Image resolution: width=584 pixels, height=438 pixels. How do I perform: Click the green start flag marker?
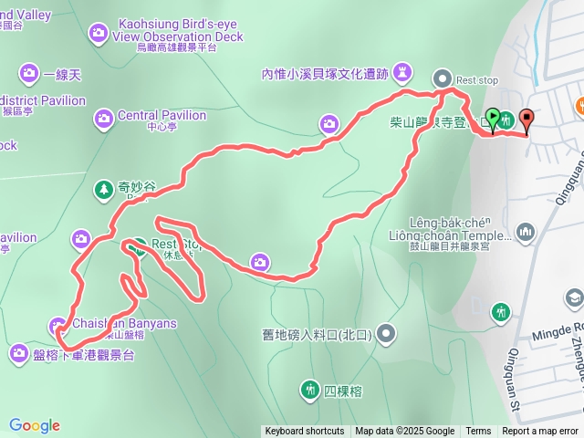pos(494,118)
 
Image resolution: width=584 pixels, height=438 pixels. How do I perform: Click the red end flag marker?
pos(527,118)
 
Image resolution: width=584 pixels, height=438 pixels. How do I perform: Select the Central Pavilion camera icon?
pos(103,117)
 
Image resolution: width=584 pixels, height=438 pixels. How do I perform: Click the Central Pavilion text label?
pos(162,116)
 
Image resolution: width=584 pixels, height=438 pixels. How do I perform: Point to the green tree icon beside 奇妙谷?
pos(102,189)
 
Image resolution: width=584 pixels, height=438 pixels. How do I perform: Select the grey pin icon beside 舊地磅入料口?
pos(387,334)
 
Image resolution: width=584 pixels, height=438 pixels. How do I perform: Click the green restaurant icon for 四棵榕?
pos(309,391)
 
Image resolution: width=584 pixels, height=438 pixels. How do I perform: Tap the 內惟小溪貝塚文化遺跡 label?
pos(325,74)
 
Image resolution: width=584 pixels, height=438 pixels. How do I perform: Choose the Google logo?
pos(34,425)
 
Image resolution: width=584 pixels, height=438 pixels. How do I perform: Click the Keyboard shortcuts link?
pos(305,432)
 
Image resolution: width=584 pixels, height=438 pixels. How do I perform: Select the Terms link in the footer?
pos(478,432)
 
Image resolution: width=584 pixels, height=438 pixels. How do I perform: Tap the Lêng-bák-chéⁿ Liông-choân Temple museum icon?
pos(526,235)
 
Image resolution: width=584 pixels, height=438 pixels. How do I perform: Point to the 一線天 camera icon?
pos(29,73)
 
